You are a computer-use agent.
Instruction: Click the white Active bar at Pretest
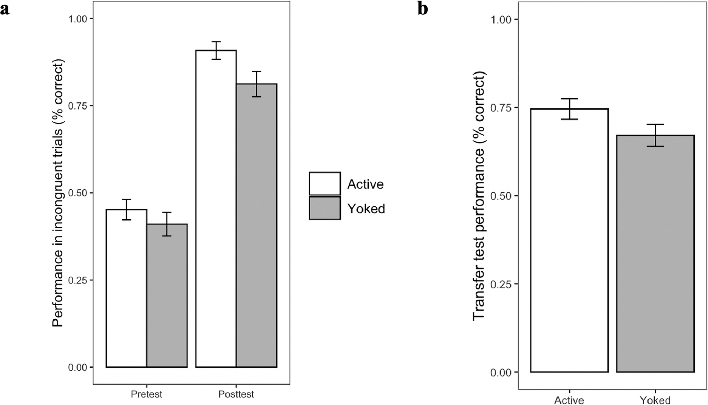tap(126, 288)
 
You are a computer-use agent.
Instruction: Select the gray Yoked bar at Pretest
tap(167, 295)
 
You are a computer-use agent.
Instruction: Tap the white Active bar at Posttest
tap(216, 209)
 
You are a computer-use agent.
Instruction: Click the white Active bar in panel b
tap(569, 240)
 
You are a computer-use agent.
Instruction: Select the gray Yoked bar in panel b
tap(655, 253)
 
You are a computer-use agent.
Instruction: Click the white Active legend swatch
tap(325, 183)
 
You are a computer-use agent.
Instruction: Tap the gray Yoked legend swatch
tap(325, 208)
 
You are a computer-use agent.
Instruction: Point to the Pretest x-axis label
tap(147, 394)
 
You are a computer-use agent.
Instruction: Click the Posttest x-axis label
tap(236, 394)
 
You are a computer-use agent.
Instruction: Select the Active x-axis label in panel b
tap(569, 400)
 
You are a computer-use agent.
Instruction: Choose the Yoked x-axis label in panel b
tap(655, 400)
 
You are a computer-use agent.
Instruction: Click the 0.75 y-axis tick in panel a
tap(78, 106)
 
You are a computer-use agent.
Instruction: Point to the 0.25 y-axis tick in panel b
tap(501, 284)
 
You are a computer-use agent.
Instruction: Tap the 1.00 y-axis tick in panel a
tap(78, 19)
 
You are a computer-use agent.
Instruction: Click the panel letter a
tap(5, 10)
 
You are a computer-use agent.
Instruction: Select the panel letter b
tap(423, 9)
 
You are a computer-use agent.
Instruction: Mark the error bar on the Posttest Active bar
tap(216, 50)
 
